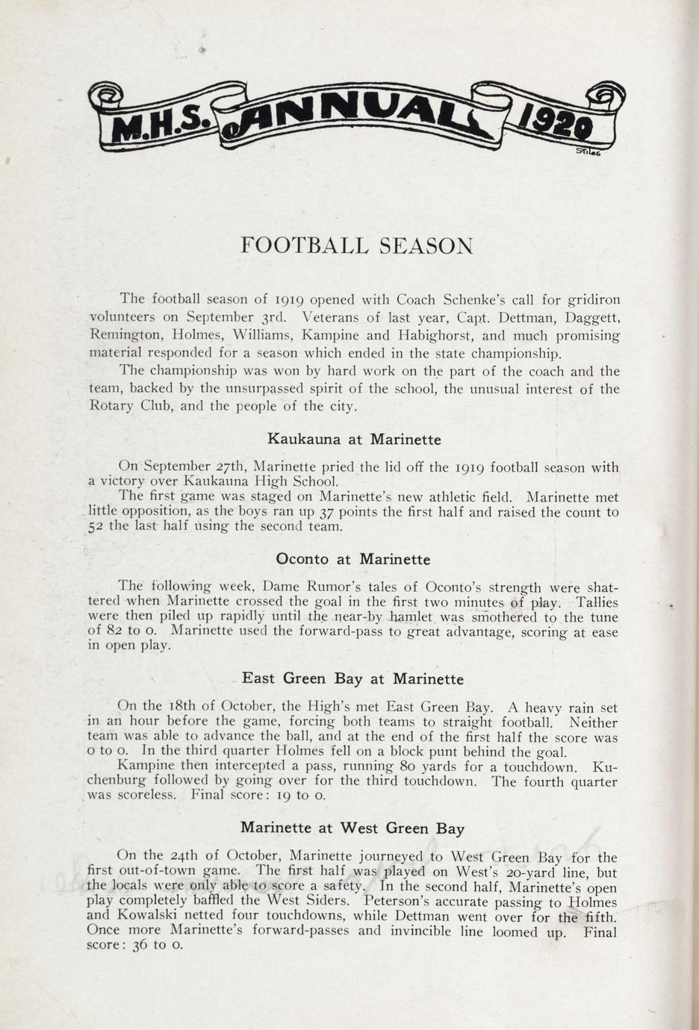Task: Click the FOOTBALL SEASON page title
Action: click(356, 246)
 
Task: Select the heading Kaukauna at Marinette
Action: click(353, 440)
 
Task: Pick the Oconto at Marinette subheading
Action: click(352, 559)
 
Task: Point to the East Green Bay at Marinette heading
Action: click(352, 679)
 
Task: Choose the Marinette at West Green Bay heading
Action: click(352, 828)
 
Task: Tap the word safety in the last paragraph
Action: click(342, 887)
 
